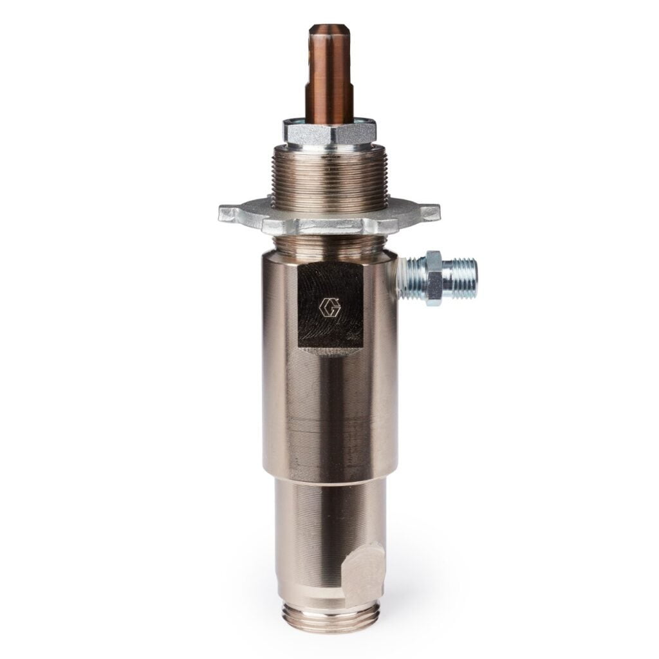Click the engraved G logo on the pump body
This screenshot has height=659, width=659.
click(x=329, y=307)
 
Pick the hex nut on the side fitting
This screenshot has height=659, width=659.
click(x=433, y=278)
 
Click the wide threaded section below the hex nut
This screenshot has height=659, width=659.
click(x=329, y=177)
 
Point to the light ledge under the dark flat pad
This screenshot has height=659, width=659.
click(x=330, y=351)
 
